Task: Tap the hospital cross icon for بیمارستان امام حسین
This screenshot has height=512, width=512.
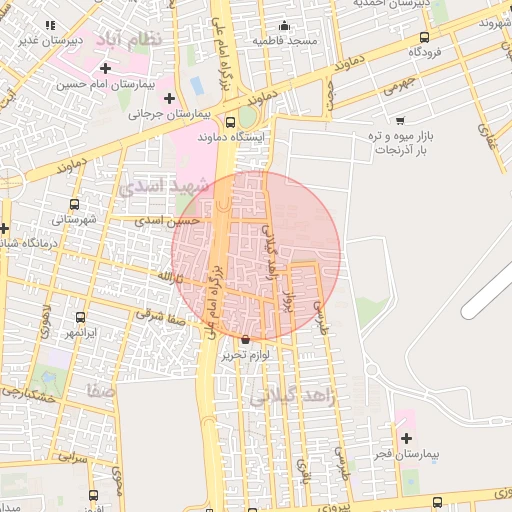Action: tap(106, 68)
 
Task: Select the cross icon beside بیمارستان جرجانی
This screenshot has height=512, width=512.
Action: tap(169, 98)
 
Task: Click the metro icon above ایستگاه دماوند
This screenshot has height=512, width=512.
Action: tap(232, 122)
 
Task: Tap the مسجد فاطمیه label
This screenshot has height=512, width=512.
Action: tap(284, 41)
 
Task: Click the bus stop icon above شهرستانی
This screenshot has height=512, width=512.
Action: tap(65, 203)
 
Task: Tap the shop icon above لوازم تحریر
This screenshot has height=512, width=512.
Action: tap(246, 340)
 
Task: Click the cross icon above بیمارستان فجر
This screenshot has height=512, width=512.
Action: tap(406, 438)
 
